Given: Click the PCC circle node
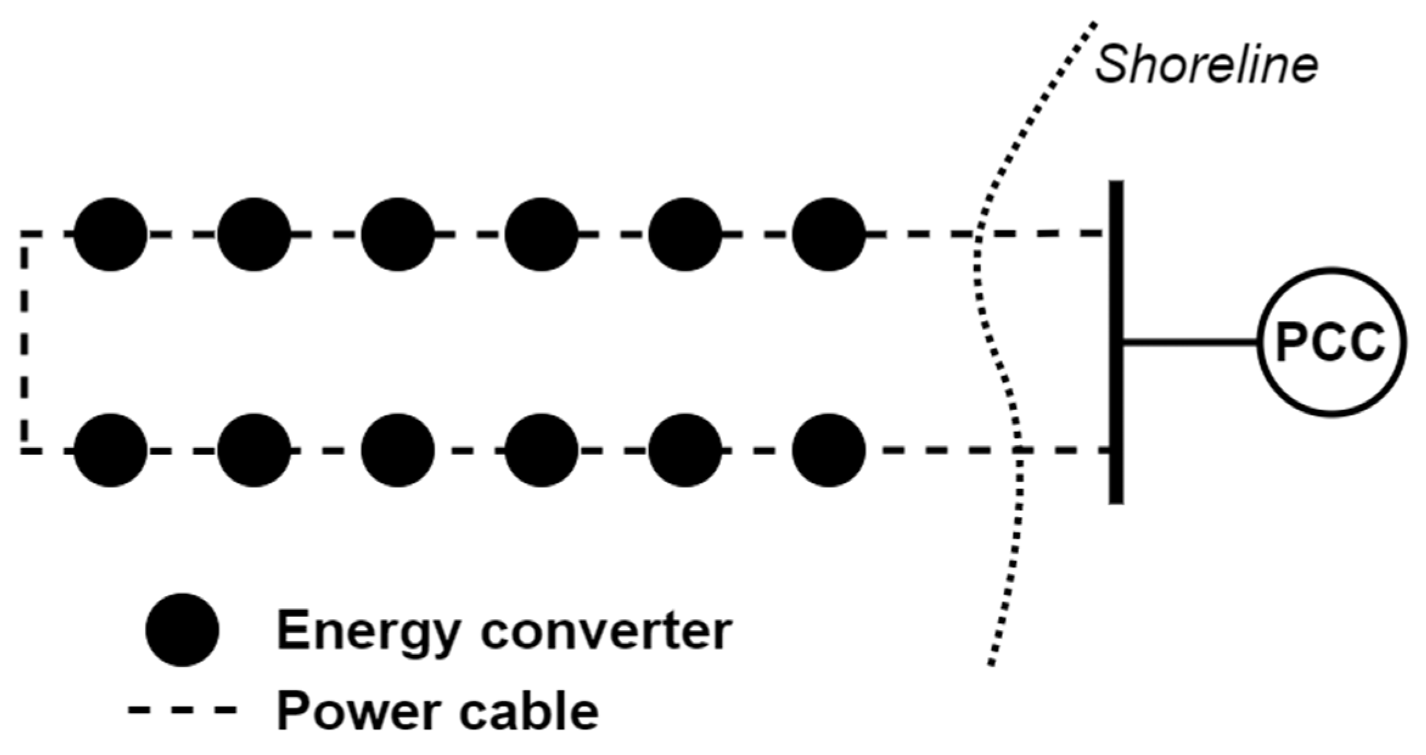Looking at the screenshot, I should click(1331, 343).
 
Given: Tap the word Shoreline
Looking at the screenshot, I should click(1206, 64).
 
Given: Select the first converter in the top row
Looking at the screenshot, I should click(110, 234).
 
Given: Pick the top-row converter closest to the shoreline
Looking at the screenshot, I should click(828, 234).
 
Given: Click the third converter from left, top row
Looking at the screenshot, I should click(397, 234).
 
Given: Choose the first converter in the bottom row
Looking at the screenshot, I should click(110, 450).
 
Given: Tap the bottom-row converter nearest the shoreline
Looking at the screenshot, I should click(828, 450).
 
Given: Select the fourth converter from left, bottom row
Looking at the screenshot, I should click(541, 450).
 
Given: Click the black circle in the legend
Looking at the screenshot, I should click(182, 630).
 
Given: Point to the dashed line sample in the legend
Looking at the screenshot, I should click(182, 709).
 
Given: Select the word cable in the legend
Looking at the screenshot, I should click(528, 712).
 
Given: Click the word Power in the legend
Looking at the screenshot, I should click(358, 712).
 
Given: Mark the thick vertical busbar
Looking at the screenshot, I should click(1116, 343).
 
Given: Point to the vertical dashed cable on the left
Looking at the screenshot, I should click(24, 343).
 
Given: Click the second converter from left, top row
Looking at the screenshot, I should click(254, 234).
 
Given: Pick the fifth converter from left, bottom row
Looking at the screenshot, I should click(684, 450).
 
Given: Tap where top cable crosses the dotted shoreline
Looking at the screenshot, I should click(977, 234).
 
